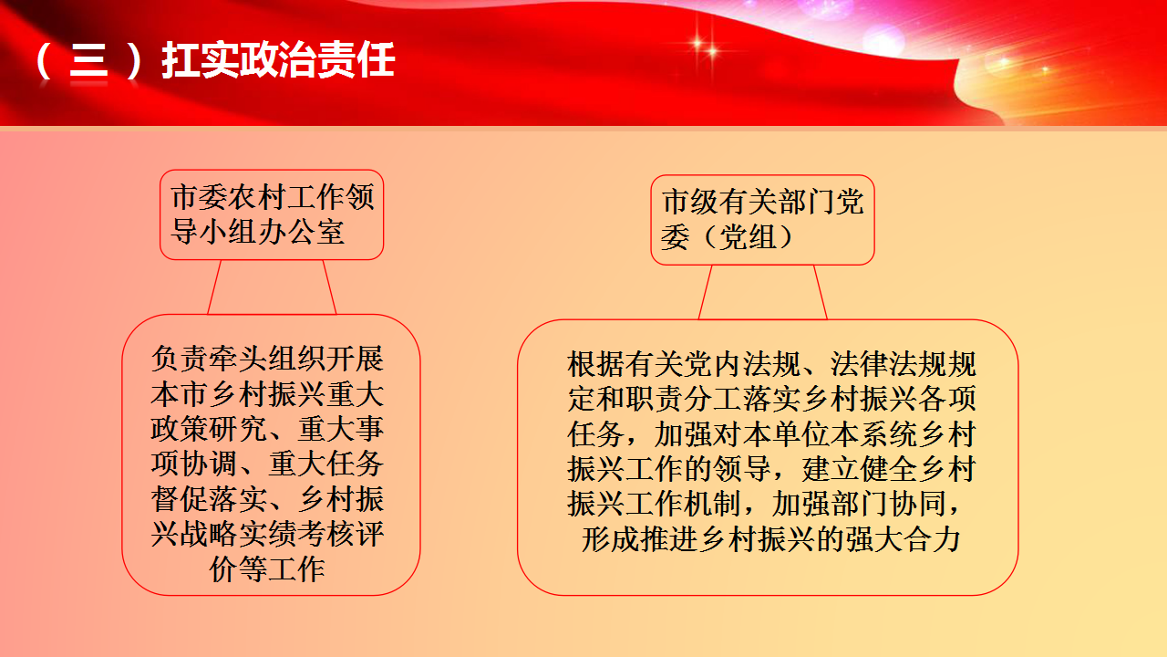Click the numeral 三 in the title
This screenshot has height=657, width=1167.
[x=88, y=60]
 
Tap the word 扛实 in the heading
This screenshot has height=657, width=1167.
[x=200, y=60]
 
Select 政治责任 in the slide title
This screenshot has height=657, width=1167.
[x=316, y=60]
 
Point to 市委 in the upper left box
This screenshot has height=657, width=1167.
[x=200, y=197]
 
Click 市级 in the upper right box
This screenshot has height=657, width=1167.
[x=691, y=202]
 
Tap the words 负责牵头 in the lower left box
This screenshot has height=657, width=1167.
[x=209, y=359]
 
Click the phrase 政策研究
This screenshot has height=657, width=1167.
[x=209, y=429]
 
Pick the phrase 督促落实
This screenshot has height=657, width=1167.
[x=209, y=499]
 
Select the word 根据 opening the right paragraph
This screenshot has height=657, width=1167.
[x=596, y=364]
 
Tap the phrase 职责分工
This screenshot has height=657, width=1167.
[x=684, y=399]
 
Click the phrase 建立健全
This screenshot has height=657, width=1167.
[x=860, y=469]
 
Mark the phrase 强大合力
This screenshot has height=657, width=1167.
[x=903, y=538]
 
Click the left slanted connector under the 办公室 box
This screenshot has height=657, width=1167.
[x=214, y=287]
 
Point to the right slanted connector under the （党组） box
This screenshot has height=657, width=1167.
[x=821, y=292]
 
